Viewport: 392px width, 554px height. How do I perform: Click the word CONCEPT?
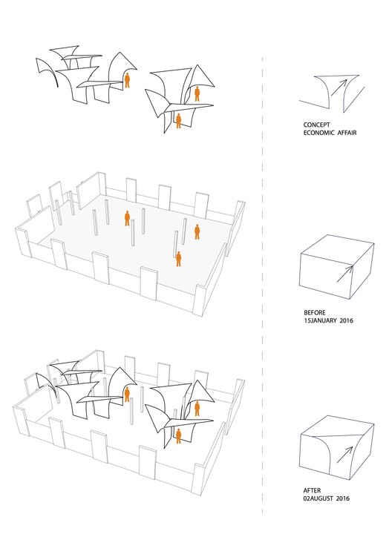coord(316,125)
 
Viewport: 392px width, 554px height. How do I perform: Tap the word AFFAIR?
coord(347,133)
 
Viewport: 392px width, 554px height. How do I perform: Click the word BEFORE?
coord(315,313)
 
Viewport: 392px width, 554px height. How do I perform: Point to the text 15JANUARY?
coord(320,321)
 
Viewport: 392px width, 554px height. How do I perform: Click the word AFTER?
coord(312,490)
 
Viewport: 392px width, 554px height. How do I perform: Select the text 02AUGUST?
coord(318,498)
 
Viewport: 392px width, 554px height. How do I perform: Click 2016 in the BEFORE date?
coord(347,321)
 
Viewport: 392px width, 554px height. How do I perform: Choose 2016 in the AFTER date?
coord(343,498)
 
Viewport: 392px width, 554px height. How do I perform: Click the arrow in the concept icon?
coord(339,88)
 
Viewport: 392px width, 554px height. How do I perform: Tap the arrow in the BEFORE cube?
coord(345,274)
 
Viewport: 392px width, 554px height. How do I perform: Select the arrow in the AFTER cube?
coord(345,455)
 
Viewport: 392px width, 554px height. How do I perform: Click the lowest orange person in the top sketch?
coord(179,121)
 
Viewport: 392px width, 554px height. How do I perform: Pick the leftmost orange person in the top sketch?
coord(128,80)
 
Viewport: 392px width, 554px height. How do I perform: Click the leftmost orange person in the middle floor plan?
coord(128,218)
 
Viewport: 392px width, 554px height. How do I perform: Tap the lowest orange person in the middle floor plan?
coord(179,259)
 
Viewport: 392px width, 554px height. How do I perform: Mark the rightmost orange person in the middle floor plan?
coord(197,232)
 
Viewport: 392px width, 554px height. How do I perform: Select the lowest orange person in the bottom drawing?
coord(179,436)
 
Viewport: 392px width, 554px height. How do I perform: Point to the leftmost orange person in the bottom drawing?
coord(127,395)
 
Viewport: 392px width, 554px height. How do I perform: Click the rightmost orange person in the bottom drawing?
coord(197,409)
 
